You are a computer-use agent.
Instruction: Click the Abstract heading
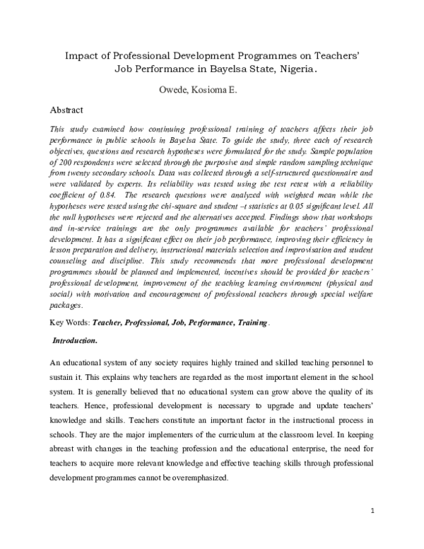pyautogui.click(x=67, y=110)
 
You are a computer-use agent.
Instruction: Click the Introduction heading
pyautogui.click(x=76, y=340)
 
